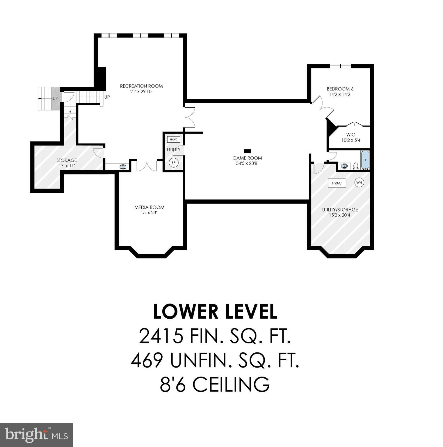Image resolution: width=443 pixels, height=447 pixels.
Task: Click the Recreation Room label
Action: (x=141, y=86)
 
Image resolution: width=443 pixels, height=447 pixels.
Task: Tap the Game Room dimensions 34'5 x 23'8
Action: (x=247, y=164)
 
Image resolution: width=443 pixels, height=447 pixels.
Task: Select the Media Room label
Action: (x=149, y=207)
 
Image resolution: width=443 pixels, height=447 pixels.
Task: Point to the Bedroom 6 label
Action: (x=340, y=89)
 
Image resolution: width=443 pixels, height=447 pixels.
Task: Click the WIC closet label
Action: (x=351, y=135)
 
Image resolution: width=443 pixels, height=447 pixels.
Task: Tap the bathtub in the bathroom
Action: (x=365, y=160)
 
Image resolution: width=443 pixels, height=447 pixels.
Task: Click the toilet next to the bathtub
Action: (x=355, y=166)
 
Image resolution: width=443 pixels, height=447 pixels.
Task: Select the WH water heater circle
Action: (x=360, y=182)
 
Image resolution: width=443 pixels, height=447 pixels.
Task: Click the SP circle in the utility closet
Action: (x=174, y=163)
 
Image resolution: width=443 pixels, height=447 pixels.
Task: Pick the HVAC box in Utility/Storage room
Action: (x=337, y=183)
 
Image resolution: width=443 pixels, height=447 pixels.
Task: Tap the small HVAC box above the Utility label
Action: (x=174, y=139)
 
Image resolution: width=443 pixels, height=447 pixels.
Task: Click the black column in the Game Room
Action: (x=247, y=151)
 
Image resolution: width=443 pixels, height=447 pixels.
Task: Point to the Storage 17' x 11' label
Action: (x=67, y=163)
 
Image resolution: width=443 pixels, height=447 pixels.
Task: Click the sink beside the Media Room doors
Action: (x=123, y=167)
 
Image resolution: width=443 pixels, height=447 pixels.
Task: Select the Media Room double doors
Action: (x=147, y=166)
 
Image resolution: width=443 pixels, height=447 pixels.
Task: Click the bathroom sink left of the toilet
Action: (x=345, y=166)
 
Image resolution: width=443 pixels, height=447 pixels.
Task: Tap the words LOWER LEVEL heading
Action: (x=215, y=312)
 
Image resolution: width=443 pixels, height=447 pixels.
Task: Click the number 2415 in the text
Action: (x=161, y=336)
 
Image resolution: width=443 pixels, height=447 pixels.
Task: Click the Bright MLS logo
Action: (x=36, y=435)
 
